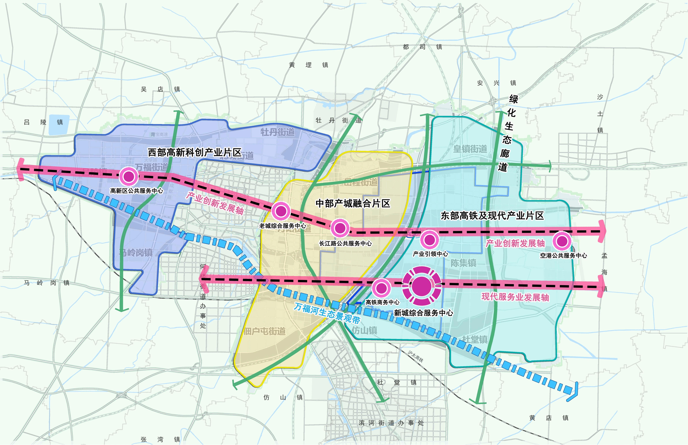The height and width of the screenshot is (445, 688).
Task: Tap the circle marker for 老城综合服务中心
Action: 281,211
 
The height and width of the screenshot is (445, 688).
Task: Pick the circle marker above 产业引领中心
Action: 430,240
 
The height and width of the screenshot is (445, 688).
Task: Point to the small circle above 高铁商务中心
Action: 381,288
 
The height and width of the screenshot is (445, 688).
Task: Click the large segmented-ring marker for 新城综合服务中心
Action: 422,286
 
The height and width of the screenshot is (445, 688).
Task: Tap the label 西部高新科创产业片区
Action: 195,152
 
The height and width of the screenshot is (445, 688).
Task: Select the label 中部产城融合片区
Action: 353,203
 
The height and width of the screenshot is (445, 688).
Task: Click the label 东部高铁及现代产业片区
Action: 492,216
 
